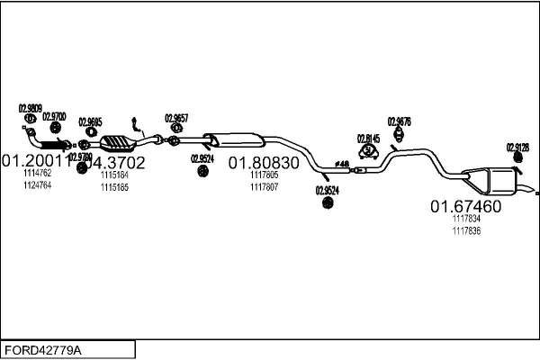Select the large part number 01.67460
465,206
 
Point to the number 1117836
466,230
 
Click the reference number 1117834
466,219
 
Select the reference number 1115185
114,187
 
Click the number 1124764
37,184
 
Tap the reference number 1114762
37,173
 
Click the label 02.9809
31,108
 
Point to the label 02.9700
54,116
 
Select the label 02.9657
175,117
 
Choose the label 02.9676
399,121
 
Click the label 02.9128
517,147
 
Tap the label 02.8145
368,138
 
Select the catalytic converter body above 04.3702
117,141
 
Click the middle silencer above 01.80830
236,139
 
